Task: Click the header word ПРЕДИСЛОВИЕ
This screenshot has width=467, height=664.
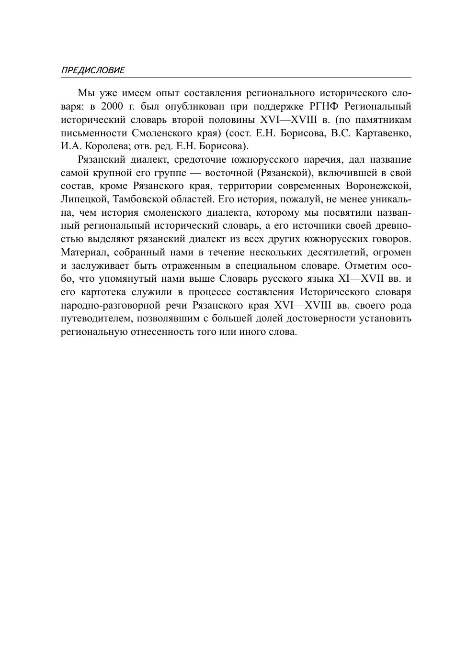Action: coord(92,70)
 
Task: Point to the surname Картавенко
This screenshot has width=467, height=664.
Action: coord(383,133)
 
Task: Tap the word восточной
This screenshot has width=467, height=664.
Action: coord(228,173)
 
